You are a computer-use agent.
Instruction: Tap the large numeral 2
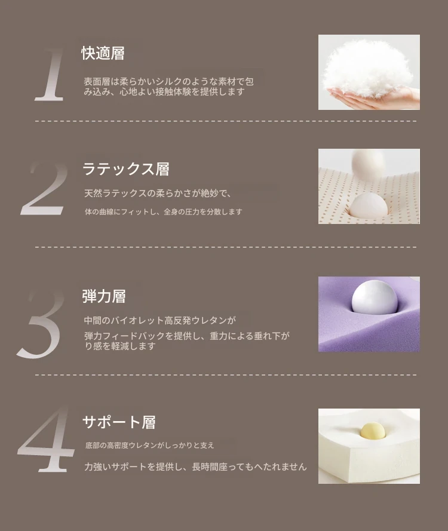tap(45, 188)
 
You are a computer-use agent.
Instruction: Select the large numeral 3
tap(41, 323)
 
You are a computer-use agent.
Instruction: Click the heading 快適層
tap(103, 53)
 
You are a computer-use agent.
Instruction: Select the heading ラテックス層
tap(126, 169)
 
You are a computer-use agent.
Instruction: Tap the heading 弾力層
tap(104, 296)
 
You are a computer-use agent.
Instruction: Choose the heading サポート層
tap(119, 422)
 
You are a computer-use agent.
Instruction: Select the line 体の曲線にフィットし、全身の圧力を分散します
tap(164, 212)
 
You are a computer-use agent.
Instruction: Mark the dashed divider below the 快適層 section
tap(226, 121)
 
